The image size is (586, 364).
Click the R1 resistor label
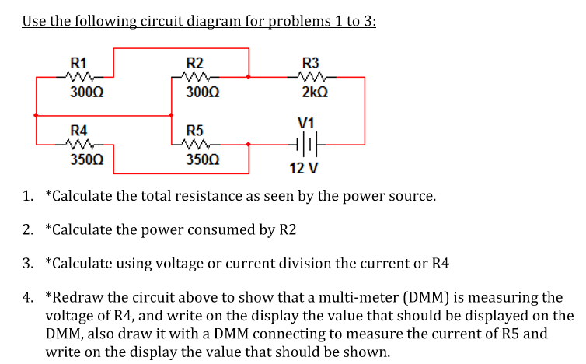coord(78,62)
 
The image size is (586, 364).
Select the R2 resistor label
coord(195,62)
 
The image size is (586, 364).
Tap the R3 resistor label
coord(311,62)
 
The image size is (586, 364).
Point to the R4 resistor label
coord(78,130)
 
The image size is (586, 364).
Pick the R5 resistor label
coord(195,130)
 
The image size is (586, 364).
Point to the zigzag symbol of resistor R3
coord(311,77)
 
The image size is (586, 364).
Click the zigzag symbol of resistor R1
coord(78,77)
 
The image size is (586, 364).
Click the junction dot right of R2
coord(248,77)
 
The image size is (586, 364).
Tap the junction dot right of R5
coord(248,144)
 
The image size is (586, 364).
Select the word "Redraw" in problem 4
coord(77,297)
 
